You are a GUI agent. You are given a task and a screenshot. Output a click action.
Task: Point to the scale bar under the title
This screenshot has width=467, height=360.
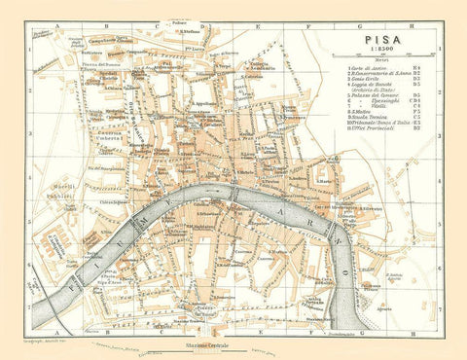pyautogui.click(x=389, y=57)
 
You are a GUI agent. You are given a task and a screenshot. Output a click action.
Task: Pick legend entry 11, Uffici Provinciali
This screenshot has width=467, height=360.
pyautogui.click(x=374, y=149)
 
